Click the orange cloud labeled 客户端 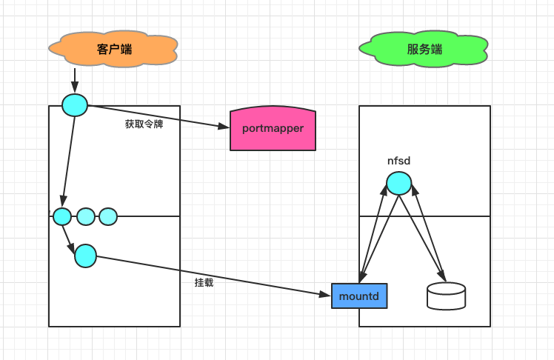click(113, 49)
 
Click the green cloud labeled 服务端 click(424, 49)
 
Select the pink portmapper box click(273, 128)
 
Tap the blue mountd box click(358, 296)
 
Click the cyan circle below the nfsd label click(398, 183)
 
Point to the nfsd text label click(398, 161)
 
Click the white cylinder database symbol click(447, 296)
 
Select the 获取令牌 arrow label click(144, 124)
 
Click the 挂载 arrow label click(204, 283)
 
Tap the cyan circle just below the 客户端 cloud click(74, 105)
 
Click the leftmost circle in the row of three click(62, 216)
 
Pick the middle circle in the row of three click(86, 216)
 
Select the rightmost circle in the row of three click(108, 216)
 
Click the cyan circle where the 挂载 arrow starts click(85, 256)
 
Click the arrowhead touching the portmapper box click(225, 127)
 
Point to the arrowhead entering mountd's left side click(326, 295)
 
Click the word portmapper click(273, 128)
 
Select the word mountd click(358, 296)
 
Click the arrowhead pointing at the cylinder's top click(443, 279)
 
